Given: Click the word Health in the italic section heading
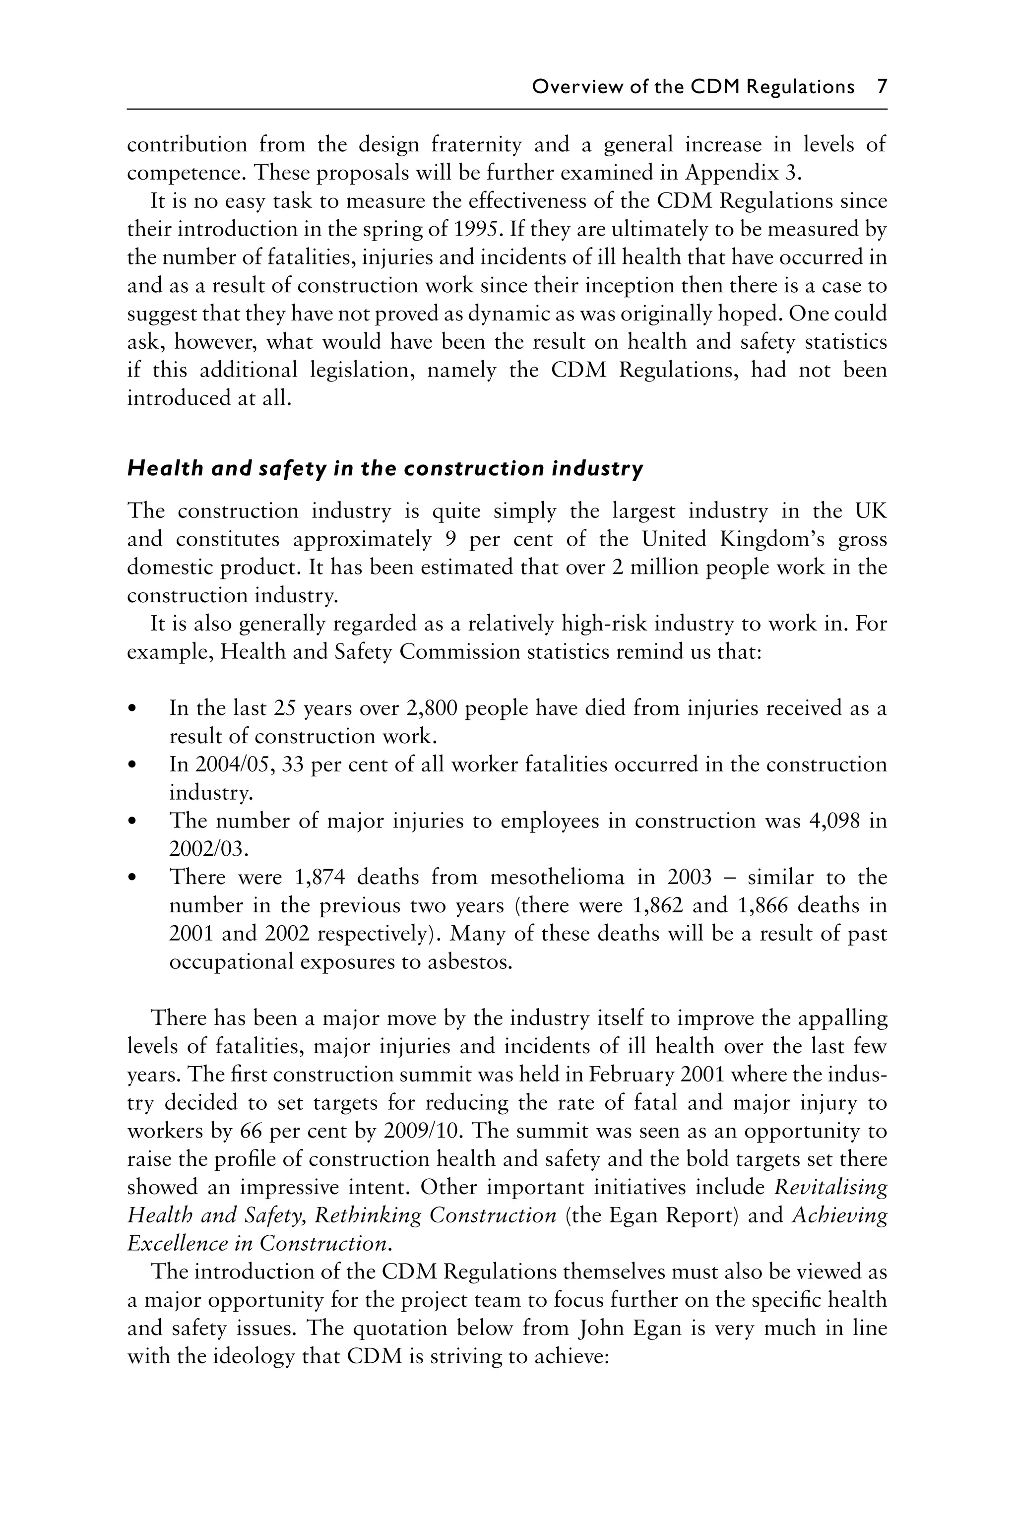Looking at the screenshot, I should click(x=156, y=468).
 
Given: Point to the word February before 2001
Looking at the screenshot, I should click(x=633, y=1075).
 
